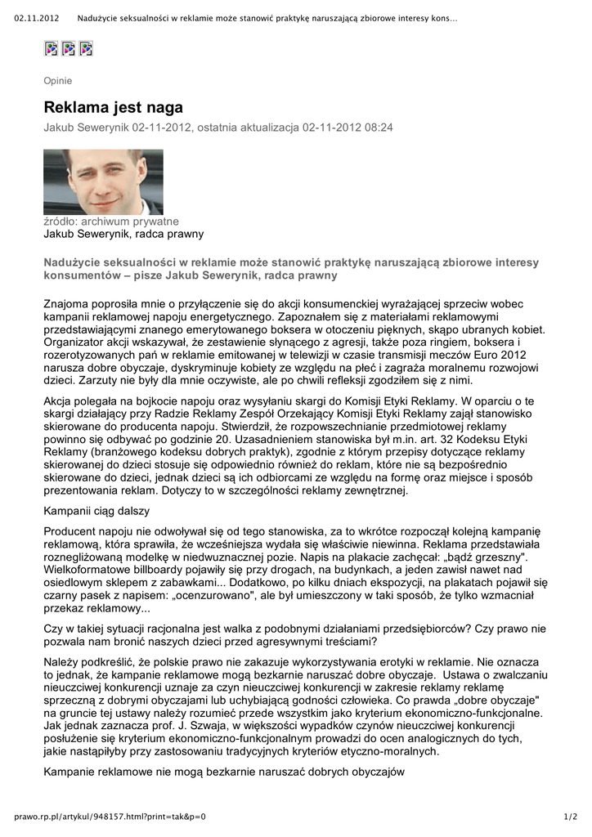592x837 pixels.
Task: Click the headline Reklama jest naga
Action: coord(113,108)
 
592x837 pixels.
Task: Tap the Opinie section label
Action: coord(57,81)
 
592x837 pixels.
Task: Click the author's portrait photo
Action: coord(103,181)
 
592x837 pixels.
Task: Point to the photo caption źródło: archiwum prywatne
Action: coord(110,221)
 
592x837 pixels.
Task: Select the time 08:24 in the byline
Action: coord(379,128)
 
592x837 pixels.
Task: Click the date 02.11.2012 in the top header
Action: coord(37,19)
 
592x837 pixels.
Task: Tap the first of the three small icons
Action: coord(51,48)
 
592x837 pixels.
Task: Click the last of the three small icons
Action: coord(86,48)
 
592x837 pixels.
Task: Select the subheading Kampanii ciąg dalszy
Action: coord(96,511)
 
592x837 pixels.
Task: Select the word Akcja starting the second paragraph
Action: coord(60,401)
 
